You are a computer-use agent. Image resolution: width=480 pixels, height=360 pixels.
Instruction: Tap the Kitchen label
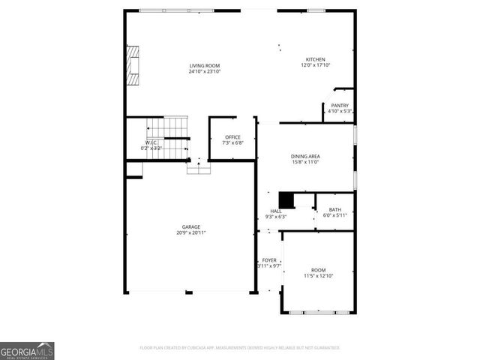point(315,59)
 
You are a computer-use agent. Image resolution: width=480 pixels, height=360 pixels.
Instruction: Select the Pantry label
point(339,106)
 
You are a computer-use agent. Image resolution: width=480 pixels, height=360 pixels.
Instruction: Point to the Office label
point(232,137)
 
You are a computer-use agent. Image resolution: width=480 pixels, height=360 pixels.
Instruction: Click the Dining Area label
point(305,156)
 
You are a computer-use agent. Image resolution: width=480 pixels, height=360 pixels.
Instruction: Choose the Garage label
point(190,226)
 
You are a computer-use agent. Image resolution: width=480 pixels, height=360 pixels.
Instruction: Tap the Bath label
point(334,210)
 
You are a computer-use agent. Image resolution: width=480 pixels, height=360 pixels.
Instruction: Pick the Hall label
point(275,211)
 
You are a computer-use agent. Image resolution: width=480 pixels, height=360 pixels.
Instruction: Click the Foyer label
point(268,260)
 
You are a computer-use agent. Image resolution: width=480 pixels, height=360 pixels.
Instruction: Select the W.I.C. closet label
point(151,142)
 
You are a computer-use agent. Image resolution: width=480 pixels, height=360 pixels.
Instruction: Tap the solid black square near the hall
point(286,200)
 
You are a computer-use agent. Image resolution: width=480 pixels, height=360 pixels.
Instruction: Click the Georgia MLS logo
point(27,350)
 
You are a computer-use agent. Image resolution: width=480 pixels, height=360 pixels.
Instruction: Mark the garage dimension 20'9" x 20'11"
point(190,232)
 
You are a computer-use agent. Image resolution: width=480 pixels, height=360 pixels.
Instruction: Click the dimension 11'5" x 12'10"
point(318,276)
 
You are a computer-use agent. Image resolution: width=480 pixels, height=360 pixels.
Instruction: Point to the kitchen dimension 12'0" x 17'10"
point(315,65)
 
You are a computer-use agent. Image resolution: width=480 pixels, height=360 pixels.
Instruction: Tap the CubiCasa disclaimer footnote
point(240,348)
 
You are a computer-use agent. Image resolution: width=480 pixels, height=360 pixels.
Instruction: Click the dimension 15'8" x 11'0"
point(305,162)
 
